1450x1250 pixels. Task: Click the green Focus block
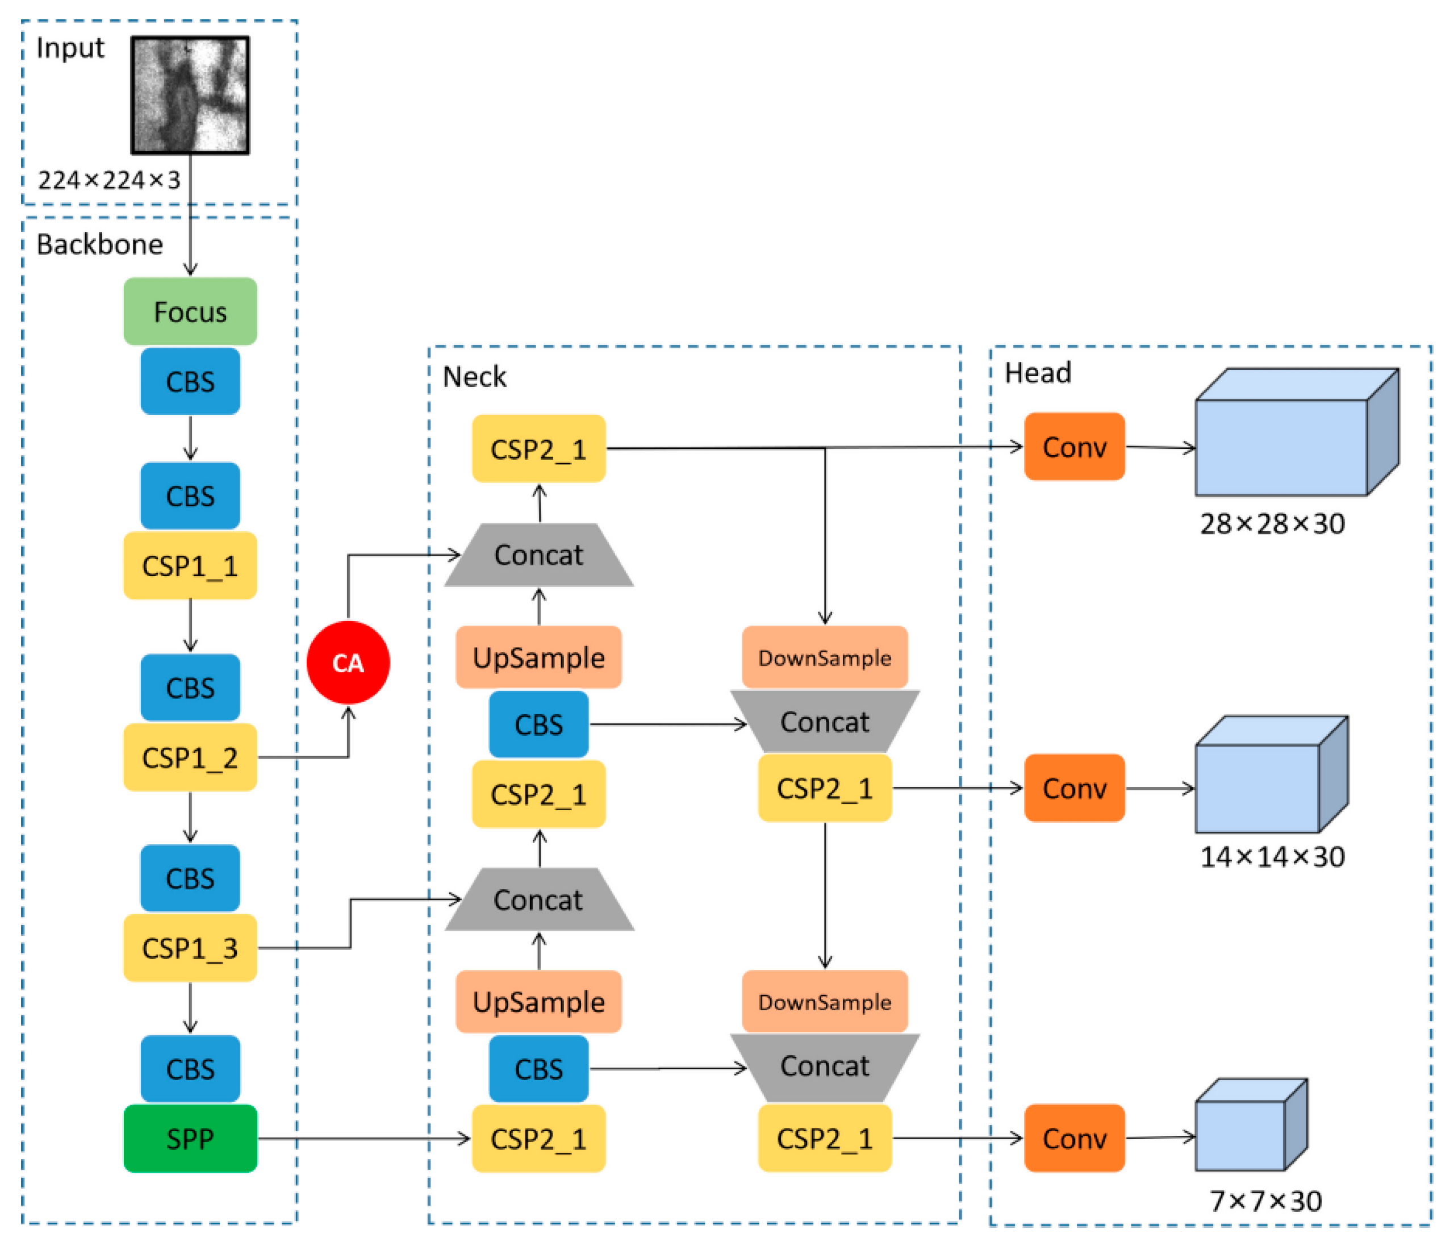(x=190, y=311)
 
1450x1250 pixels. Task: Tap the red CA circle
(x=348, y=662)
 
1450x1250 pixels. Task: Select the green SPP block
(x=190, y=1139)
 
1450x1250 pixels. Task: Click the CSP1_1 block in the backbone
(x=190, y=565)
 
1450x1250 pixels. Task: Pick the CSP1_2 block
(x=190, y=757)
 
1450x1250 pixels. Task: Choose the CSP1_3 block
(x=190, y=948)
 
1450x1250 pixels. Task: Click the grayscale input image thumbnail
(x=190, y=95)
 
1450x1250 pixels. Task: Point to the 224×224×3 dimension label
(x=108, y=181)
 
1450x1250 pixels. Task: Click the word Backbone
(x=99, y=244)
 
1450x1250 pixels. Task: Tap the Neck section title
(x=474, y=377)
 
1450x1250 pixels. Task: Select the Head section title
(x=1037, y=372)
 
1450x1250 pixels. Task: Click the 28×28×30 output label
(x=1272, y=523)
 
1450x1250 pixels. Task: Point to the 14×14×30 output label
(x=1272, y=857)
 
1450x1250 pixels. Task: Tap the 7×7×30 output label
(x=1265, y=1201)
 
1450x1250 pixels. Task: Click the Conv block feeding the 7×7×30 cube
(x=1073, y=1138)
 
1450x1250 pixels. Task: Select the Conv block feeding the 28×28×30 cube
(x=1073, y=447)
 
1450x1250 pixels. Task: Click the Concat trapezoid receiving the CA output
(x=538, y=555)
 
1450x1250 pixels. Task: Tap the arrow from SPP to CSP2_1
(x=364, y=1139)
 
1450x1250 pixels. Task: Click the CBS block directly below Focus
(x=190, y=381)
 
